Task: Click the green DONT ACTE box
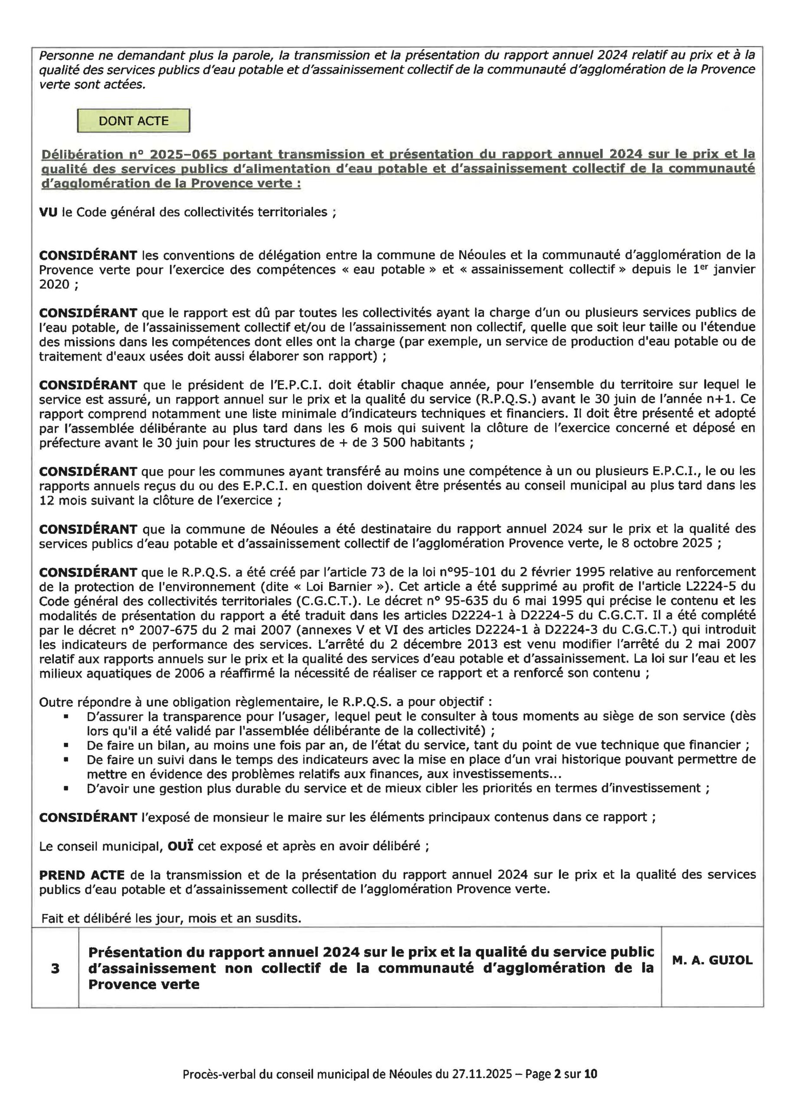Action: click(134, 121)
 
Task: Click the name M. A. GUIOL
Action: click(712, 960)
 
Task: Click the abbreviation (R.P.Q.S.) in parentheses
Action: click(448, 399)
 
